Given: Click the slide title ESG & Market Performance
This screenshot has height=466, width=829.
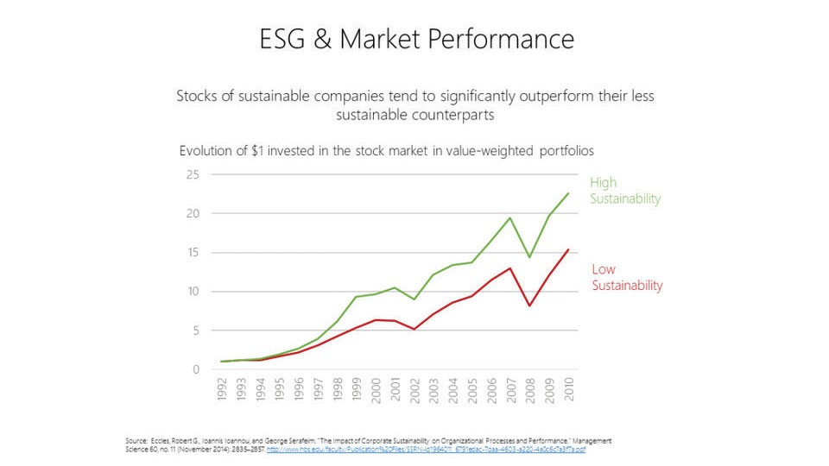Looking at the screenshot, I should [x=417, y=39].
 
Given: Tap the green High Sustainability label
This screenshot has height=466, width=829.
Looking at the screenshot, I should [x=624, y=191].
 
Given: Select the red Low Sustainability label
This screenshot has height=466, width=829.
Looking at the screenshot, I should [x=627, y=277].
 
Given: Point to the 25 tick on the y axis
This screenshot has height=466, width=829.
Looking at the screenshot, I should [x=193, y=174].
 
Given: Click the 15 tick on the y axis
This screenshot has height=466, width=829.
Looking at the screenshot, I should [x=193, y=253].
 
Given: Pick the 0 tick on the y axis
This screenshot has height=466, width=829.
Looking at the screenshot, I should [x=195, y=369].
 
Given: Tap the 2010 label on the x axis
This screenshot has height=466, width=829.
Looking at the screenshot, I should [x=570, y=390].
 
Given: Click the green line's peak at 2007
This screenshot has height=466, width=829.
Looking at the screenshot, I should [x=511, y=217].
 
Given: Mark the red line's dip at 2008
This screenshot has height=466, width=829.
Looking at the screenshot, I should [x=530, y=305].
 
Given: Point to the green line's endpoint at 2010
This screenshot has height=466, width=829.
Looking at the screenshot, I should [x=568, y=192].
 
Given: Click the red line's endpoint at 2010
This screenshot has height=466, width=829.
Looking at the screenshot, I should [x=568, y=249].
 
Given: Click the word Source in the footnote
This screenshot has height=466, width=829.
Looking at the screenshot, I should [x=136, y=440].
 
